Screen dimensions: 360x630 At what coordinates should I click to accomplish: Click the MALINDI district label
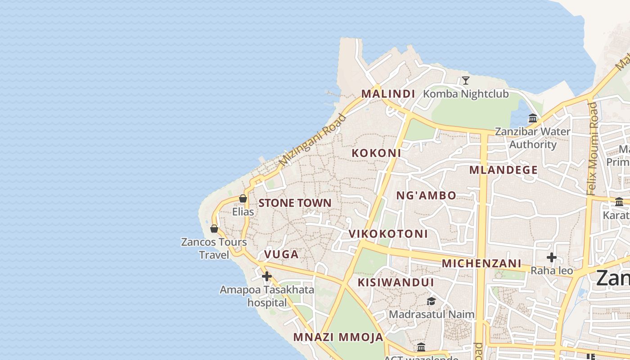388,94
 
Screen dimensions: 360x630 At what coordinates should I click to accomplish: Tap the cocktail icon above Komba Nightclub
466,81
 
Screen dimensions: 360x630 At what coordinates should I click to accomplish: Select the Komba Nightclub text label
466,94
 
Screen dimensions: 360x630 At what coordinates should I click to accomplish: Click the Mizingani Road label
312,140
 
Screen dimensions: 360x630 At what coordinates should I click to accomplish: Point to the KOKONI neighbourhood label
376,153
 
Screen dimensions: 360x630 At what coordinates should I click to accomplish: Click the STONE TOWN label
295,203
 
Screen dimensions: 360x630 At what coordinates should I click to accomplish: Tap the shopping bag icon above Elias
243,198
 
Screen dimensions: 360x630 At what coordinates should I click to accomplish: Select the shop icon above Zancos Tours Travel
214,229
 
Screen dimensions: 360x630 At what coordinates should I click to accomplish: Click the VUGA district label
281,254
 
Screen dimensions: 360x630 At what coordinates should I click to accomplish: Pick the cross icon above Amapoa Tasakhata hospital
267,276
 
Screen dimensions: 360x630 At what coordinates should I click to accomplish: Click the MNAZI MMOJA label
338,337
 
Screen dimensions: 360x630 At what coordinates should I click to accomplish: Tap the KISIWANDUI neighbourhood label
396,283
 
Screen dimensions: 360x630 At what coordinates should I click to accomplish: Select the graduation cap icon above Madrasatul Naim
431,301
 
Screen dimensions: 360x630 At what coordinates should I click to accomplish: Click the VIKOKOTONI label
388,234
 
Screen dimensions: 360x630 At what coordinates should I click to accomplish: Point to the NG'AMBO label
426,195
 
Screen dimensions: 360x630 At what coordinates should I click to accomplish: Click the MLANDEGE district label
504,170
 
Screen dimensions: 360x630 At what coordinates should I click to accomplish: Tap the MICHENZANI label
481,263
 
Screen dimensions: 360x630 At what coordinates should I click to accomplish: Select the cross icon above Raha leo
551,257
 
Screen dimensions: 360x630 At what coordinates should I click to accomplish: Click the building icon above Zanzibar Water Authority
533,118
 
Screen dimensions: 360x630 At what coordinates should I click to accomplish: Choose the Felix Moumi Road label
592,148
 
